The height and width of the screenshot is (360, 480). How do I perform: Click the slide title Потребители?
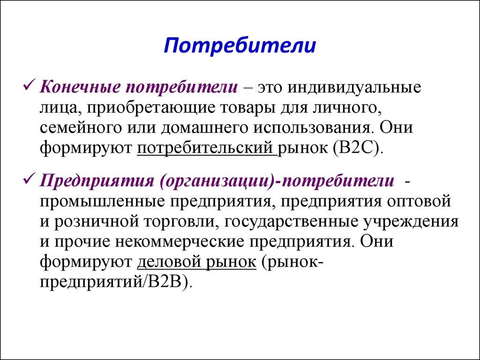(x=240, y=47)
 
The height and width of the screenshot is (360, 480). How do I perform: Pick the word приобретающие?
(x=150, y=108)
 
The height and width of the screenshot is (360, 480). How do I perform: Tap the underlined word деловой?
(x=170, y=263)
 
